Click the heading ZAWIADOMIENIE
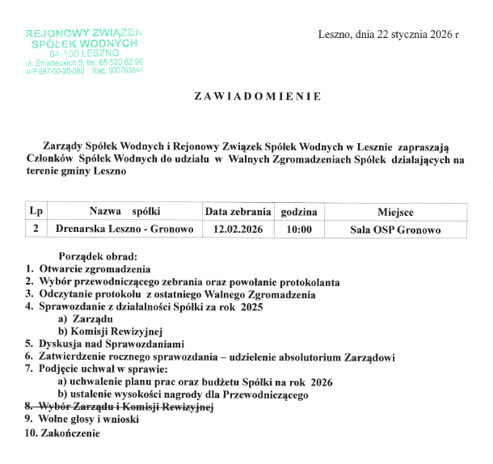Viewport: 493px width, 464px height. pos(258,96)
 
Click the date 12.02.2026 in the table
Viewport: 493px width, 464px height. pos(238,230)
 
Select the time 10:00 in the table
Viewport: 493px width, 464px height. pos(298,230)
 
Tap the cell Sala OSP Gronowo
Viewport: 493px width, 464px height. pos(395,230)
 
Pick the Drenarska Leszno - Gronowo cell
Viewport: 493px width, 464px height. pos(124,230)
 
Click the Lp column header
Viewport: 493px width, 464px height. pos(36,212)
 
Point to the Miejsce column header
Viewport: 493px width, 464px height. pos(394,212)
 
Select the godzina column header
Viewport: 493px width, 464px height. pos(298,212)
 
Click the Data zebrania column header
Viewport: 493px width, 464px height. pos(238,212)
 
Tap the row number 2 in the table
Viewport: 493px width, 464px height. pos(36,230)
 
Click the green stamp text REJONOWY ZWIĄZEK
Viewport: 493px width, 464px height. pos(83,33)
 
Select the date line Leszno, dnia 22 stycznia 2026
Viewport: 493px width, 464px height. pos(389,35)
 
